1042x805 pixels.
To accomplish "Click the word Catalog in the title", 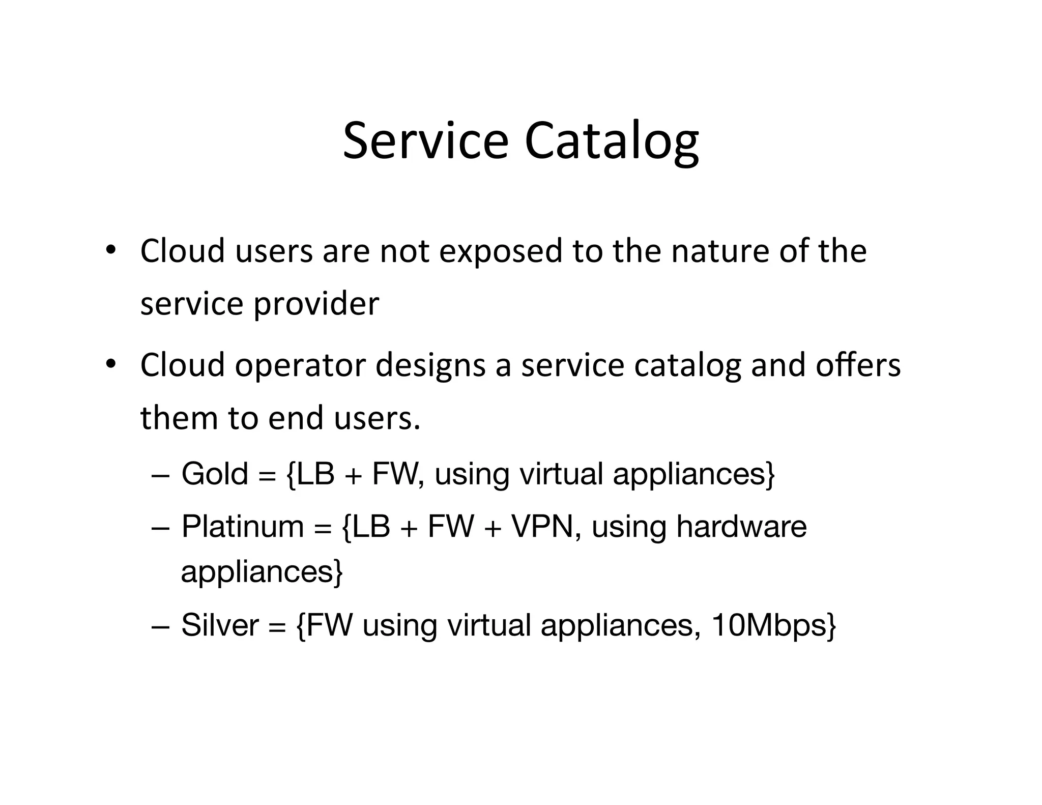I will (x=612, y=142).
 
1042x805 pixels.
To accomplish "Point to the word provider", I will (x=316, y=305).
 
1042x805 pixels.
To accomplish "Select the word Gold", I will (x=215, y=474).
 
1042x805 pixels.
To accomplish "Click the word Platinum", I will (x=243, y=526).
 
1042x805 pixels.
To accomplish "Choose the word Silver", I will (x=220, y=625).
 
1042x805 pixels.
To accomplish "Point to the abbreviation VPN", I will (x=542, y=526).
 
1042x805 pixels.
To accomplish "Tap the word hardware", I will (x=741, y=526).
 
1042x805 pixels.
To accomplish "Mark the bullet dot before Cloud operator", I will (x=110, y=364).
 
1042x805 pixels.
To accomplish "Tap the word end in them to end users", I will (x=296, y=418).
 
